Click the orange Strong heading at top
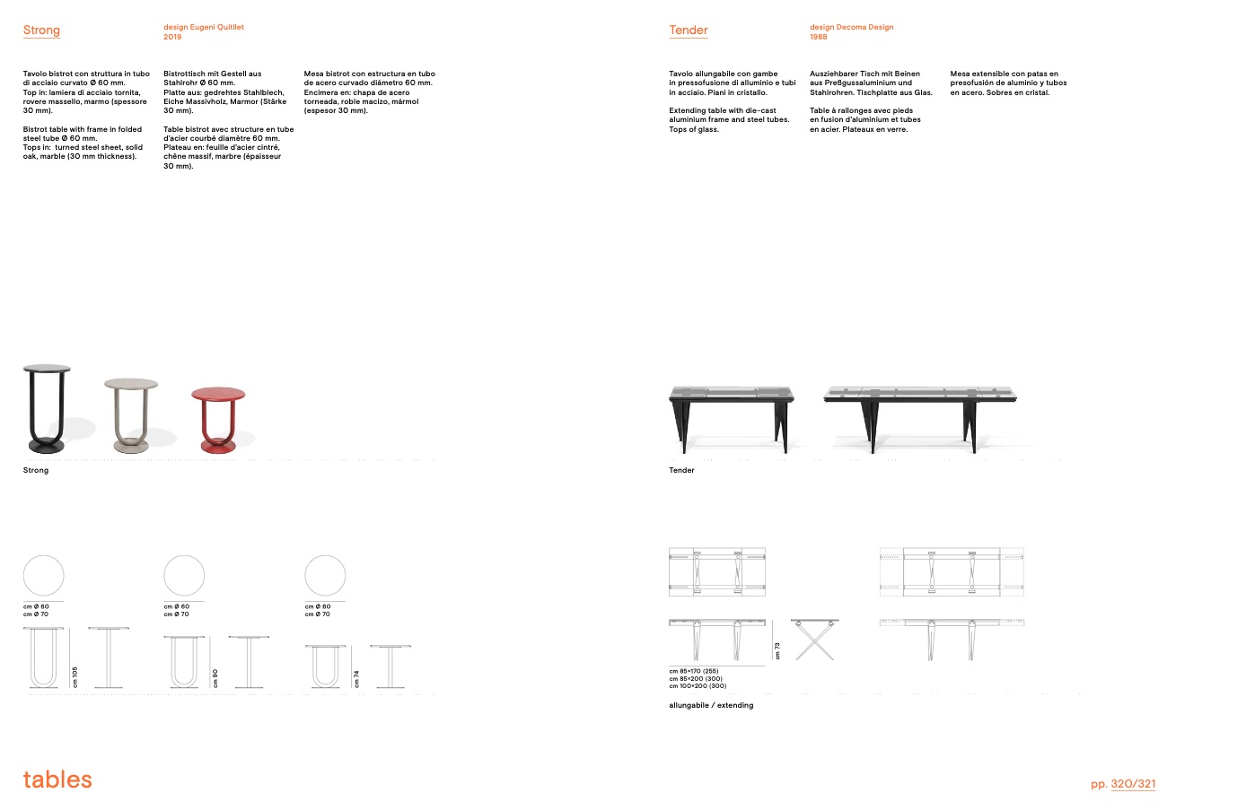point(41,30)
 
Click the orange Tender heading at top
point(689,30)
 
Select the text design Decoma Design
point(851,27)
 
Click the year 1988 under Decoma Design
point(818,37)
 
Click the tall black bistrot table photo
point(47,408)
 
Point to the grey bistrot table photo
point(131,414)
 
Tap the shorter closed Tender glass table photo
point(732,417)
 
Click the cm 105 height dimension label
point(75,677)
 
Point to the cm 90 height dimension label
point(215,678)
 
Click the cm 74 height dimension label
point(356,679)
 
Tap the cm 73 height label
point(777,650)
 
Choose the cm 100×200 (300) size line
point(698,686)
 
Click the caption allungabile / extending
point(711,705)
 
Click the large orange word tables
point(57,780)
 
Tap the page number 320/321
point(1133,784)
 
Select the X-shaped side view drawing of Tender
point(814,639)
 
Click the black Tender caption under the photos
point(681,470)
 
